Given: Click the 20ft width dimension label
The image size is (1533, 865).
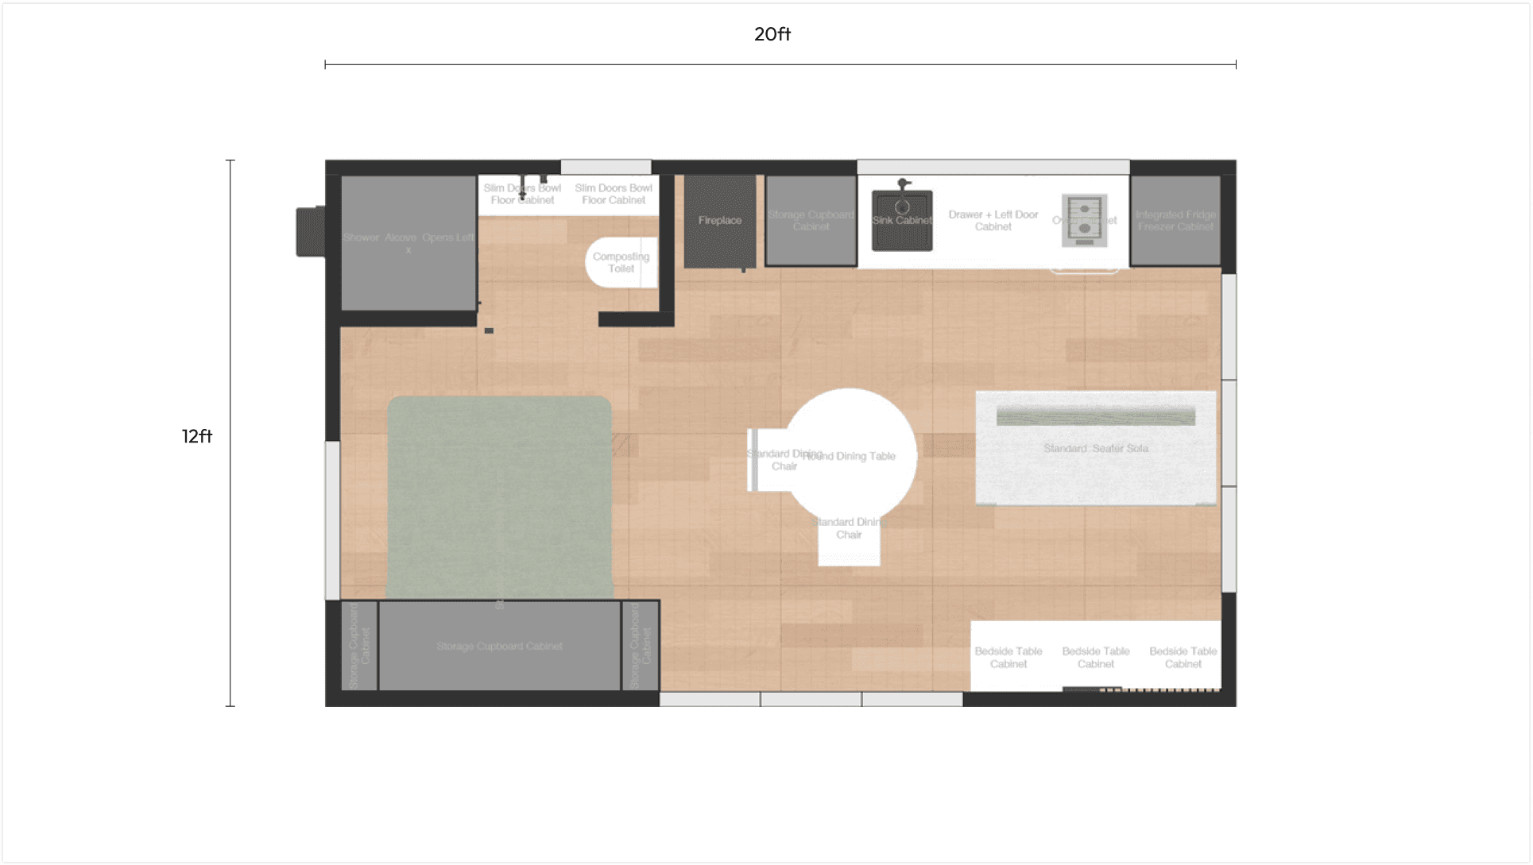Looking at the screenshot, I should tap(772, 34).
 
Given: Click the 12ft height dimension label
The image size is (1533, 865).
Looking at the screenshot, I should tap(197, 436).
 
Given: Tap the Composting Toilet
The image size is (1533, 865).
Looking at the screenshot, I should tap(621, 262).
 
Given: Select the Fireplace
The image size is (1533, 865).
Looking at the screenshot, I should tap(720, 221).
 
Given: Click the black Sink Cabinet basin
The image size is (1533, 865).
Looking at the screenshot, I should tap(902, 220).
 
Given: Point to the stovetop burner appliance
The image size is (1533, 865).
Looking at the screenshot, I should tap(1084, 220).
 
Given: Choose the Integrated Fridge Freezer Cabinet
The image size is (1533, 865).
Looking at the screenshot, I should tap(1175, 221).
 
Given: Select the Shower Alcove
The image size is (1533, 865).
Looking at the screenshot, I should tap(408, 242).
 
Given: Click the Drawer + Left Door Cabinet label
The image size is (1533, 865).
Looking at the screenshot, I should tap(993, 221).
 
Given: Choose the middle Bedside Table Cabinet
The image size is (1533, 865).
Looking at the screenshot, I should tap(1095, 657).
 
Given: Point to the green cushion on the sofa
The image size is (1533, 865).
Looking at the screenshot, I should tap(1095, 416).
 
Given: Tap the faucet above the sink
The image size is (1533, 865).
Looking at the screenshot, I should tap(903, 184).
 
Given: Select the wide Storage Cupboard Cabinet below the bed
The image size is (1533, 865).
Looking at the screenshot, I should tap(499, 646).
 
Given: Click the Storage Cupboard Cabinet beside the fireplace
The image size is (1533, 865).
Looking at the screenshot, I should tap(811, 221).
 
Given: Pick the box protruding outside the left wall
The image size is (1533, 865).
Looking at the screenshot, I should tap(310, 231).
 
